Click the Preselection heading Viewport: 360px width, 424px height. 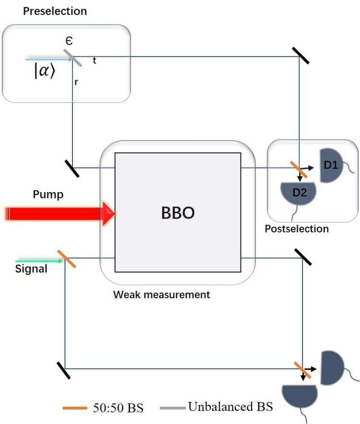click(55, 11)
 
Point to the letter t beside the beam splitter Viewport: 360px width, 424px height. click(94, 61)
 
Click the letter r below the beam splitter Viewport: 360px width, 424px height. click(76, 82)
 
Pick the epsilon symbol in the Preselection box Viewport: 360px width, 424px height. click(69, 42)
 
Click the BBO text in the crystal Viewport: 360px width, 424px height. click(178, 213)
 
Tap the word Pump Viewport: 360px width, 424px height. click(48, 194)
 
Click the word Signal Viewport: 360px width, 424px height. click(31, 269)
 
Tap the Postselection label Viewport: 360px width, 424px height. click(297, 229)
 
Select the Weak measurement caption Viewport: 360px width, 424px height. click(161, 294)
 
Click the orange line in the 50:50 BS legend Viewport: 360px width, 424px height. click(74, 408)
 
